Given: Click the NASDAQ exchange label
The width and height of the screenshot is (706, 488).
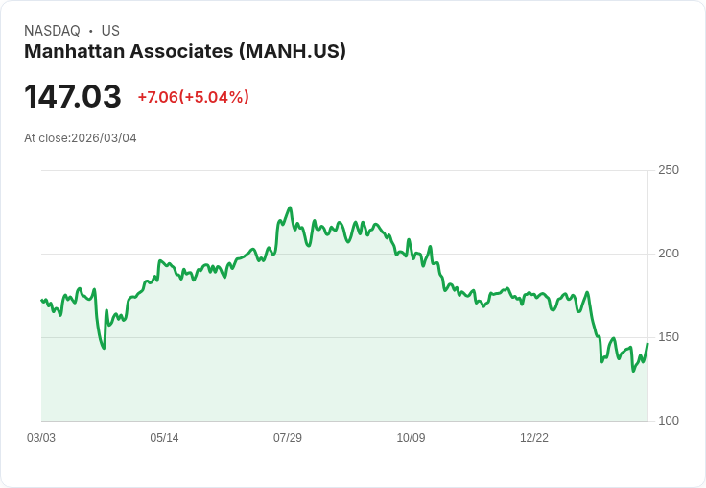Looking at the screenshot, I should pyautogui.click(x=52, y=31).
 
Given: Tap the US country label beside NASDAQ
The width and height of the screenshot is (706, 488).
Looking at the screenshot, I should pyautogui.click(x=110, y=31).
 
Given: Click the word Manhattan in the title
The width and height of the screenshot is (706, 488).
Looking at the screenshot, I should pyautogui.click(x=73, y=51).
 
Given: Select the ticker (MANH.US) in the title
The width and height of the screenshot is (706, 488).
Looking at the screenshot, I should pyautogui.click(x=292, y=51).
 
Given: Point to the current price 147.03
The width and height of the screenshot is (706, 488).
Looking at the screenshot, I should pyautogui.click(x=73, y=96).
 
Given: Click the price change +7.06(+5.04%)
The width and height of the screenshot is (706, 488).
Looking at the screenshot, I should pyautogui.click(x=193, y=97).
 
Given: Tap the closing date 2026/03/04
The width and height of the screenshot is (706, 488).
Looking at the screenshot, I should pyautogui.click(x=104, y=138).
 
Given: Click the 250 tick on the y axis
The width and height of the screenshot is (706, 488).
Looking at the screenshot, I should pyautogui.click(x=669, y=170).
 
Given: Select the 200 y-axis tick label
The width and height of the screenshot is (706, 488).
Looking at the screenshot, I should pyautogui.click(x=669, y=254).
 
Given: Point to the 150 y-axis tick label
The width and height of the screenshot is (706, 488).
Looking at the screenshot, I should pyautogui.click(x=669, y=337).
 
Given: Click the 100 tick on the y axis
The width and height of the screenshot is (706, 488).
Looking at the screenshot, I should pyautogui.click(x=669, y=421).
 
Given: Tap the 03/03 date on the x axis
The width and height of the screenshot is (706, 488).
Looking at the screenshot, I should pyautogui.click(x=41, y=438).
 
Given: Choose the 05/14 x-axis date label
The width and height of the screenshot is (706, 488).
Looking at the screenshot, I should pyautogui.click(x=164, y=438).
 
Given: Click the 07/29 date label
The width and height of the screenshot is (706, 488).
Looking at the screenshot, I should pyautogui.click(x=288, y=438).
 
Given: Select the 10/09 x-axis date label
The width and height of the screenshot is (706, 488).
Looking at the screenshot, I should pyautogui.click(x=411, y=438).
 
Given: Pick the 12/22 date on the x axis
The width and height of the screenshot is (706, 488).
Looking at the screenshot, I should pyautogui.click(x=534, y=438).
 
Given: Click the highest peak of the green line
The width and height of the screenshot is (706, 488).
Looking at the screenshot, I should pyautogui.click(x=290, y=207).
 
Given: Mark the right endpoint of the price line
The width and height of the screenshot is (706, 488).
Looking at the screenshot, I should pyautogui.click(x=647, y=344).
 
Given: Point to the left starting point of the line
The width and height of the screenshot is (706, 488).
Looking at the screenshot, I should pyautogui.click(x=41, y=301).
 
